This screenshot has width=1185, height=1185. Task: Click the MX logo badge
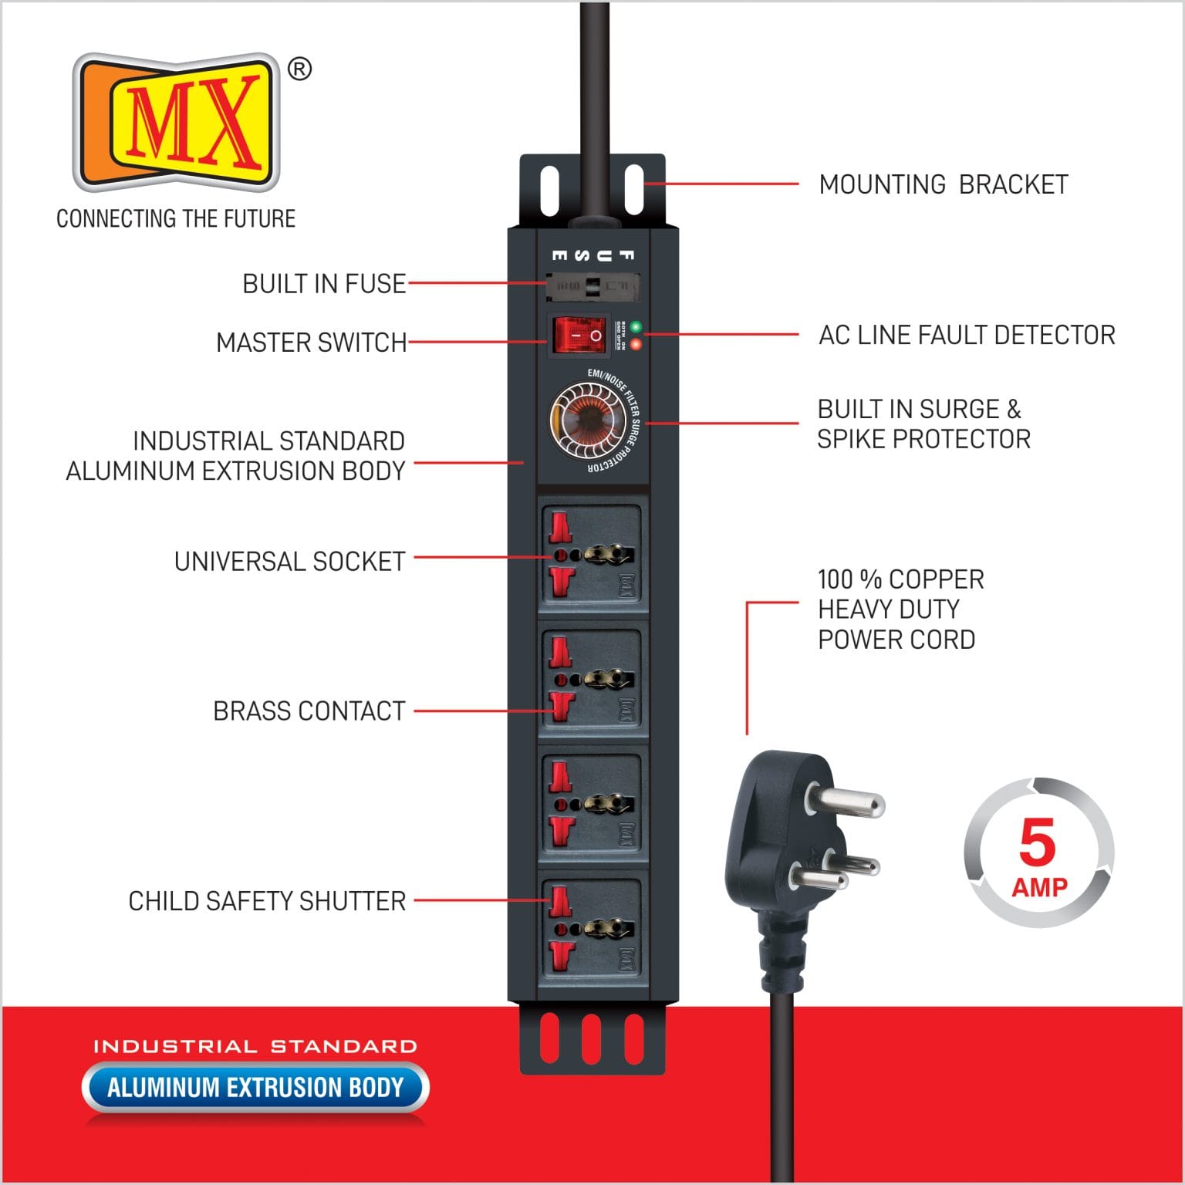[x=176, y=122]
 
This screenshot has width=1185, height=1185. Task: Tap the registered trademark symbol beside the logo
[x=299, y=69]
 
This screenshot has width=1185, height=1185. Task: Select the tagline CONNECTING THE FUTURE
[x=176, y=219]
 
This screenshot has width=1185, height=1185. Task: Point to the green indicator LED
[x=636, y=326]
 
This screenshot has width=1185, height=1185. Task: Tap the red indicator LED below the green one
[x=636, y=344]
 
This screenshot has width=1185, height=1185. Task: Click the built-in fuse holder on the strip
[x=592, y=286]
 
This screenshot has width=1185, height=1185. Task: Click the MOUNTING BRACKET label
[x=943, y=185]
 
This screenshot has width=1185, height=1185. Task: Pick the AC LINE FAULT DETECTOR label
[x=967, y=336]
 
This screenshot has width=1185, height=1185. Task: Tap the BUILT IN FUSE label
[x=324, y=284]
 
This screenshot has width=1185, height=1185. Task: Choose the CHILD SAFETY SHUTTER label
[x=267, y=901]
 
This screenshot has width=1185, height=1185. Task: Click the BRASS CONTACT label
[x=309, y=711]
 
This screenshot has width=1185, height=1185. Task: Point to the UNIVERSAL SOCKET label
[x=289, y=562]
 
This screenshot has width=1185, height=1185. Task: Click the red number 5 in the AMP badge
[x=1037, y=842]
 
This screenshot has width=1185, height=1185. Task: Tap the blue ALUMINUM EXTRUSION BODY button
[x=255, y=1088]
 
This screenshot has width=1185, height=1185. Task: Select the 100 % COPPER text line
[x=900, y=579]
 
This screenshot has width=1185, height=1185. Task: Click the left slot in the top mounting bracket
[x=549, y=190]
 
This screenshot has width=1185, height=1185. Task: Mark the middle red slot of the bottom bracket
[x=592, y=1038]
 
